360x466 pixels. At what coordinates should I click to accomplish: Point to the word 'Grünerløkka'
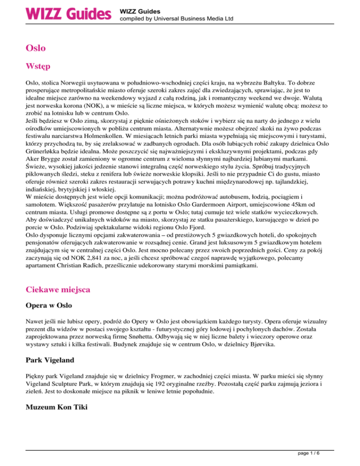(46, 153)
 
